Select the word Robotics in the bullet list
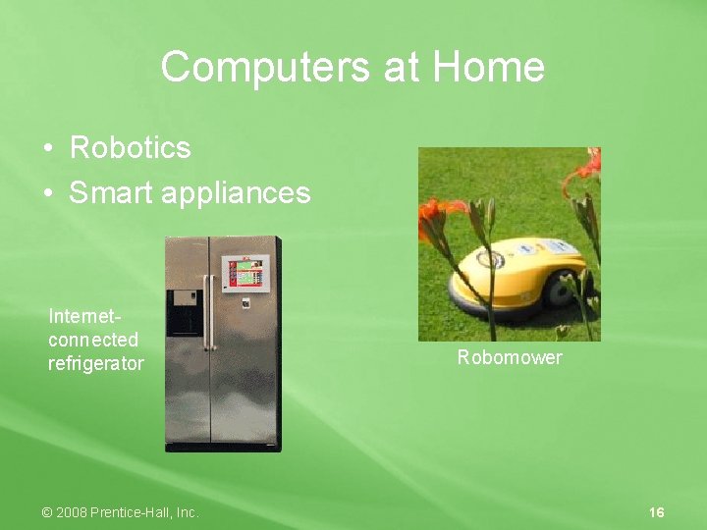click(x=130, y=148)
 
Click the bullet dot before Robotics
click(x=47, y=149)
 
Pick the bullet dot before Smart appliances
click(x=47, y=193)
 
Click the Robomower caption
click(x=510, y=357)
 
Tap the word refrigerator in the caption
click(x=96, y=364)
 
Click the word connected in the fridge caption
click(x=93, y=340)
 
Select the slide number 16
click(x=657, y=512)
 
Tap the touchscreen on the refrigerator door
click(x=243, y=272)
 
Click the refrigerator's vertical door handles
click(x=207, y=311)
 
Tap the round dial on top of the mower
click(x=490, y=260)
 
